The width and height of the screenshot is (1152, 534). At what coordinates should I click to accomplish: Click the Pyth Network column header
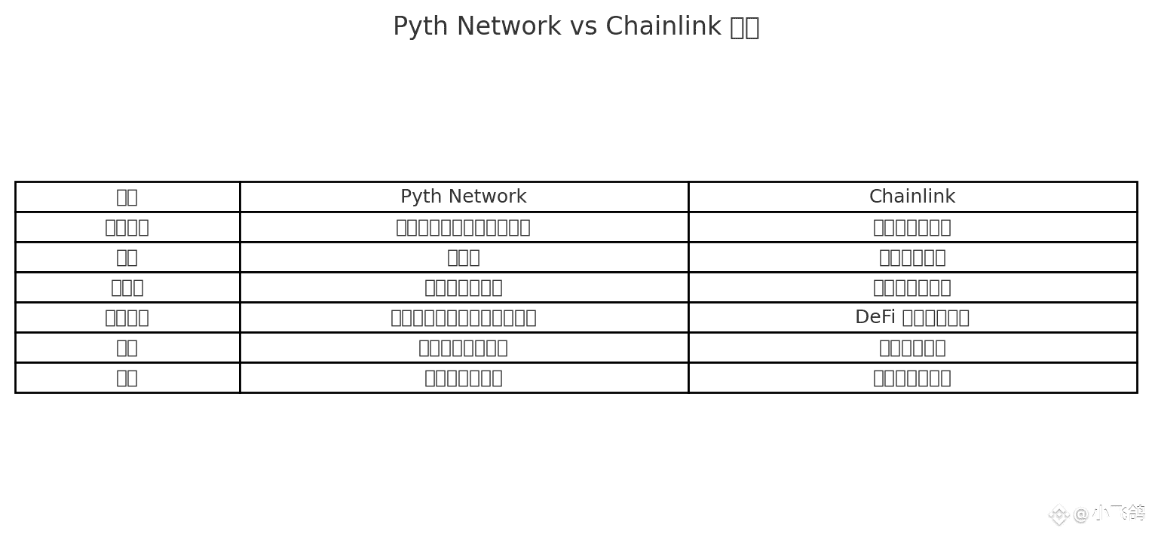tap(463, 197)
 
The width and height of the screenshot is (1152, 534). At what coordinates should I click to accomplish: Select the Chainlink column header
tap(911, 197)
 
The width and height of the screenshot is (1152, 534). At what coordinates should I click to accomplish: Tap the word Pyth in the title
tap(416, 26)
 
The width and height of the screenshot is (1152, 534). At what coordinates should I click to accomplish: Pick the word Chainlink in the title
tap(663, 26)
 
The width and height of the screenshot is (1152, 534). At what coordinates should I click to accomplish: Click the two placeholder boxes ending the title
tap(745, 27)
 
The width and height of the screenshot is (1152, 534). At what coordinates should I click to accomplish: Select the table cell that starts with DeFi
tap(911, 317)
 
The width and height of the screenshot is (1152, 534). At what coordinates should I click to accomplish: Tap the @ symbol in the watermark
tap(1081, 514)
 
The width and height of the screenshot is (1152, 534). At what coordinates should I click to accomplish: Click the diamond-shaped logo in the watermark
tap(1059, 514)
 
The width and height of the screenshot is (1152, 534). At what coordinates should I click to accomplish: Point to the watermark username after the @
tap(1119, 514)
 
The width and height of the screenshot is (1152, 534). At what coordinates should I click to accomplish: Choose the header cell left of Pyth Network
tap(127, 197)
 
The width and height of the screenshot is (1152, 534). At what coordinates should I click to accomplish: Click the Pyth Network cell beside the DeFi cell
tap(463, 317)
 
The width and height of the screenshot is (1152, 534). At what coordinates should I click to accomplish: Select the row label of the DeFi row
tap(127, 317)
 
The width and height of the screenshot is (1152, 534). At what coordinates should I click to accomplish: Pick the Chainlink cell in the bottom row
tap(911, 377)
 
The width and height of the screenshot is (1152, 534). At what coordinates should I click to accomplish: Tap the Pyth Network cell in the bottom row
tap(463, 377)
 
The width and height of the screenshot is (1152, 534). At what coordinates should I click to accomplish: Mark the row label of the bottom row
tap(127, 377)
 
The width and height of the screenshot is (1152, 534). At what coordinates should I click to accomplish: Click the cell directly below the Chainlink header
tap(911, 227)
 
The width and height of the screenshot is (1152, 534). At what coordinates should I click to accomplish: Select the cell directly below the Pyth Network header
tap(463, 227)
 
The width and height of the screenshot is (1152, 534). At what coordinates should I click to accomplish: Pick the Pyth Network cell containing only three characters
tap(463, 257)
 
